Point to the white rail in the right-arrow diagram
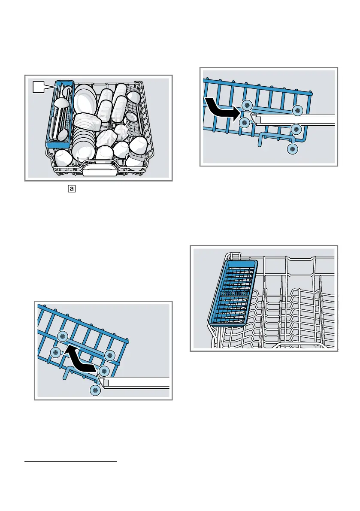296,120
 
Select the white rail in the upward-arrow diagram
137,382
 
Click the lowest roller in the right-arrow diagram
293,149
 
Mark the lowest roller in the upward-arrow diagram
96,390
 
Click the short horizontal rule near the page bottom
70,462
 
